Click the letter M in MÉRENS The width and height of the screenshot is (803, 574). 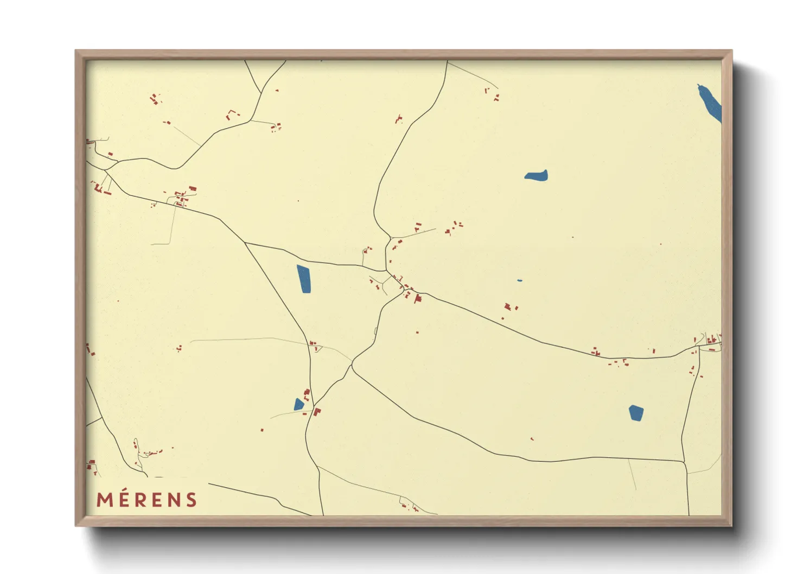105,500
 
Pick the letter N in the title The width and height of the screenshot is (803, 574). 174,500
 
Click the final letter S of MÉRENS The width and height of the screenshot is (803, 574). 192,500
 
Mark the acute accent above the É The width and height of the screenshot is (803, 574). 127,490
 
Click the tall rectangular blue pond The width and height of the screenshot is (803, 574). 304,279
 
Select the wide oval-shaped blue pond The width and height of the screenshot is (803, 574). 536,175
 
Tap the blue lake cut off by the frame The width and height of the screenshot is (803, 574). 711,104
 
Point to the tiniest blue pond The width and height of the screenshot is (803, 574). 519,280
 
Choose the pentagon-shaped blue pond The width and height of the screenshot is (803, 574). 636,413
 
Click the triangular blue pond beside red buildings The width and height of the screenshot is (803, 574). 298,405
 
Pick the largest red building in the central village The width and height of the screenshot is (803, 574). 417,298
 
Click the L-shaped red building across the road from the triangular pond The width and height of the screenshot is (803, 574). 317,412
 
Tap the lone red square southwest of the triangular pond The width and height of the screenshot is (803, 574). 262,430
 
